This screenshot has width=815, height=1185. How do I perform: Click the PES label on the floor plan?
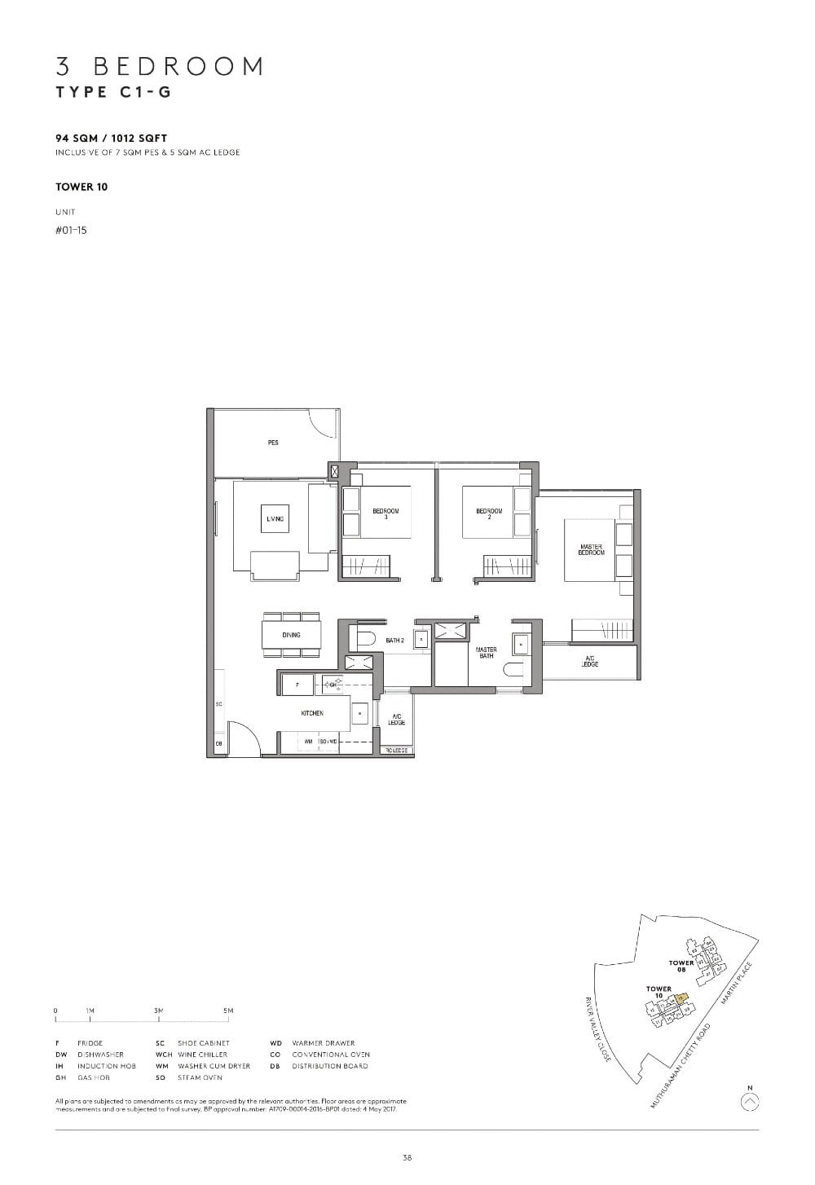coord(273,443)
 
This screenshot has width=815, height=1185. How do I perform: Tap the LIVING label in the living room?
coord(275,518)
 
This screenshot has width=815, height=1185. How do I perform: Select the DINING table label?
coord(291,635)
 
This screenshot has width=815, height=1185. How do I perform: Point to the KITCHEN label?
coord(312,713)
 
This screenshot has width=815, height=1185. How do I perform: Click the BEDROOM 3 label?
coord(385,513)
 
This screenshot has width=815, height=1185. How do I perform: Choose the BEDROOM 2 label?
coord(489,513)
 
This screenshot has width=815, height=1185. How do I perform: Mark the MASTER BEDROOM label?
coord(592,550)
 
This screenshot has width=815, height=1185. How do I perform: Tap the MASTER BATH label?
coord(487,653)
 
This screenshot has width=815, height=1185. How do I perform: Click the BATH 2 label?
coord(395,641)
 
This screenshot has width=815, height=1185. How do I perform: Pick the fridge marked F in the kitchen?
coord(297,685)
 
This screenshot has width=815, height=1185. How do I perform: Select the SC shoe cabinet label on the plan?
coord(218,703)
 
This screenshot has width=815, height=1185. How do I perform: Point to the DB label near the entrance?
coord(218,744)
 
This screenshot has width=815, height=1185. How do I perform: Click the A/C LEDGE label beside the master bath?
coord(591,661)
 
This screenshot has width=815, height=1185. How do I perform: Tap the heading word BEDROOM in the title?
coord(179,66)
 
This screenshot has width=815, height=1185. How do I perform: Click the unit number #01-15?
coord(71,230)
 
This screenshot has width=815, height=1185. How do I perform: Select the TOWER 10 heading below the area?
coord(81,187)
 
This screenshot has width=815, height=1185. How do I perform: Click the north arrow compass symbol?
coord(751,1102)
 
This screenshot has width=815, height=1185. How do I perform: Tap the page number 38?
coord(407,1156)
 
